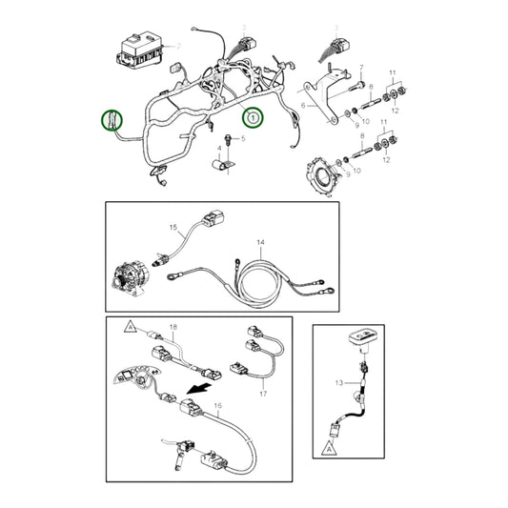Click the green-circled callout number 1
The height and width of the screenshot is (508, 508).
(252, 118)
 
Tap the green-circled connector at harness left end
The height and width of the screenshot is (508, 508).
(113, 121)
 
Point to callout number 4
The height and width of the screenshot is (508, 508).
(221, 149)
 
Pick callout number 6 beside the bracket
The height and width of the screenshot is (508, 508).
(303, 105)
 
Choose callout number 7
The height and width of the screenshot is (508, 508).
(362, 67)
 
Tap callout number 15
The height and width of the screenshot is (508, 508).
(174, 229)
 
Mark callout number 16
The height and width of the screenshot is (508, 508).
(217, 406)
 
